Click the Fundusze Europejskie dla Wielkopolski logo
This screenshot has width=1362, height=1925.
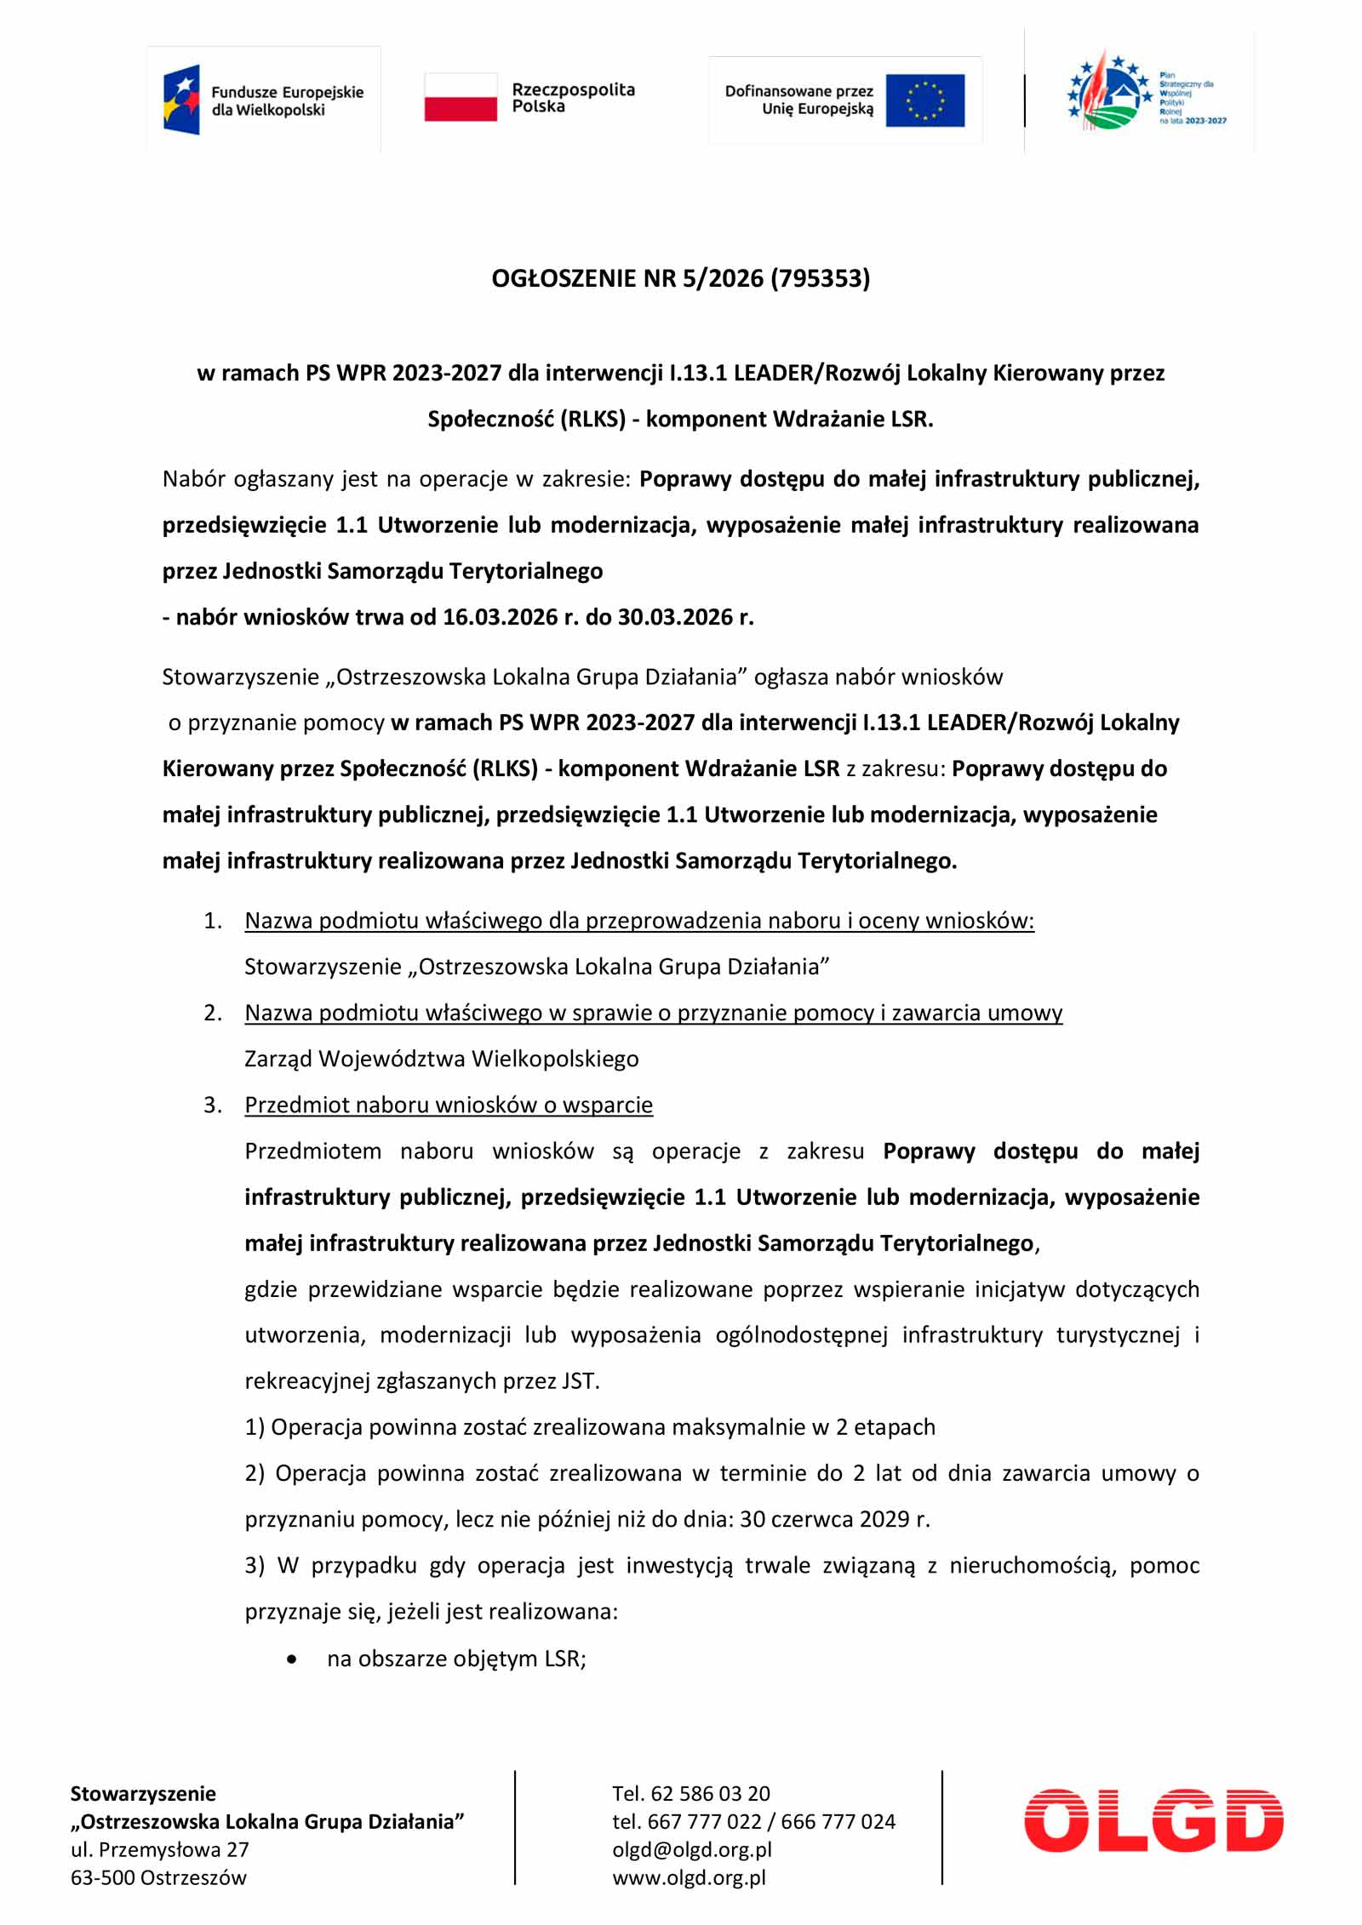tap(263, 100)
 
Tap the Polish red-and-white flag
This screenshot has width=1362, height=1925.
tap(461, 97)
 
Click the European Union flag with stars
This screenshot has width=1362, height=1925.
tap(924, 100)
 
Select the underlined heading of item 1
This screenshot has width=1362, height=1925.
tap(638, 921)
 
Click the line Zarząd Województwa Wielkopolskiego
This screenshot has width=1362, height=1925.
tap(441, 1059)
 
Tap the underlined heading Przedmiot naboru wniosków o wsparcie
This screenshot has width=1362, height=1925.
tap(449, 1105)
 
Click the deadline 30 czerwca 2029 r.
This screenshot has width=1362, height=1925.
tap(834, 1519)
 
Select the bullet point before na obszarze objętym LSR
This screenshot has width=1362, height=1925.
tap(293, 1659)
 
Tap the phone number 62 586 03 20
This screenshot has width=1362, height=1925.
tap(710, 1793)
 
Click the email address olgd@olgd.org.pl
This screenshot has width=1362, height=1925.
tap(691, 1849)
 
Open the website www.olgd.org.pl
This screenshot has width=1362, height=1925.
tap(689, 1877)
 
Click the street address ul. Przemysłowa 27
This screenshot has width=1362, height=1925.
tap(159, 1849)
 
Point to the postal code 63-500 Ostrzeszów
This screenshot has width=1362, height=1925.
tap(158, 1877)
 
